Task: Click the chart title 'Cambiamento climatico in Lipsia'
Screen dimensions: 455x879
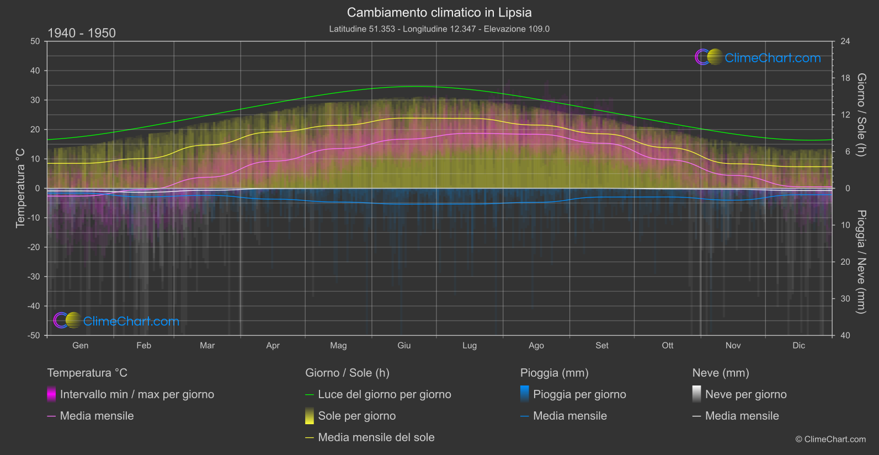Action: pyautogui.click(x=439, y=13)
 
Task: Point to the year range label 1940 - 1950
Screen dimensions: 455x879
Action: pyautogui.click(x=82, y=33)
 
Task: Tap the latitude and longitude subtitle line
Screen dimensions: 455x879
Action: pyautogui.click(x=439, y=29)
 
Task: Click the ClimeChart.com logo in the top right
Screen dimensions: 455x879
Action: pyautogui.click(x=758, y=57)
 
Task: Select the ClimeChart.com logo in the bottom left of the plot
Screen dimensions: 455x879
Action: pyautogui.click(x=116, y=321)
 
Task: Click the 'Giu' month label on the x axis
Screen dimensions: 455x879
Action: pyautogui.click(x=404, y=346)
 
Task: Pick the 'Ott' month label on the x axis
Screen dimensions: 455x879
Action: pyautogui.click(x=668, y=346)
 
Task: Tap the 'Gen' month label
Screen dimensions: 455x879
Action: pyautogui.click(x=81, y=346)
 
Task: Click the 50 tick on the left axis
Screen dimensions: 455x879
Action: pyautogui.click(x=35, y=41)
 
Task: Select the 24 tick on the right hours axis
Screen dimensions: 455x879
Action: pyautogui.click(x=845, y=41)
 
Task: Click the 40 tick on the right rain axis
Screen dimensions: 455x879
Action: pyautogui.click(x=845, y=335)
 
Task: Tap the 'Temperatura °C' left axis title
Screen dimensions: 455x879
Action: pyautogui.click(x=20, y=188)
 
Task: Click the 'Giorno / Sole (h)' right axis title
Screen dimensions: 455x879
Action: pyautogui.click(x=861, y=115)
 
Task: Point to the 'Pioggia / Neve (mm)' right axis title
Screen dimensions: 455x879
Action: pyautogui.click(x=861, y=262)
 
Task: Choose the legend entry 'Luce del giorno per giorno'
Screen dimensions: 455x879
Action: pyautogui.click(x=384, y=395)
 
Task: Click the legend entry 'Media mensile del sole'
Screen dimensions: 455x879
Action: pyautogui.click(x=376, y=438)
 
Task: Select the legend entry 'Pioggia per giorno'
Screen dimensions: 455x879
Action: pyautogui.click(x=579, y=395)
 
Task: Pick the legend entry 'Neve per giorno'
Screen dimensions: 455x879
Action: pyautogui.click(x=745, y=395)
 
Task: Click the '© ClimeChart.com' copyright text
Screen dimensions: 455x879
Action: pyautogui.click(x=830, y=440)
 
